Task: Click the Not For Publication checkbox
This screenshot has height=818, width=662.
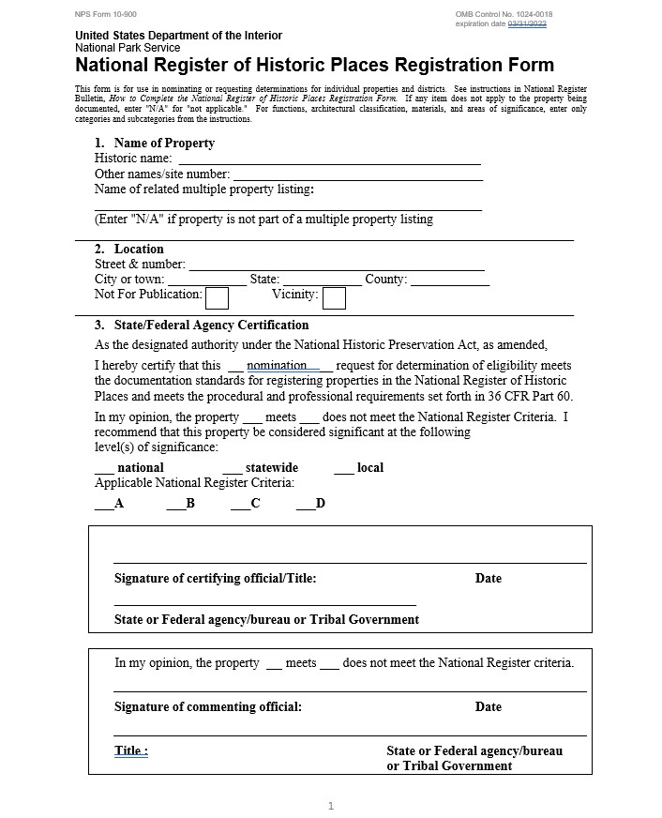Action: point(217,297)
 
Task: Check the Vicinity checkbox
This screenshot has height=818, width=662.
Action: point(334,297)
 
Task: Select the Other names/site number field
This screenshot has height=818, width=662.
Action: point(357,174)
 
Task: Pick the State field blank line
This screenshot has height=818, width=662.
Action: point(322,280)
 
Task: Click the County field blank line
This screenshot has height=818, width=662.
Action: point(449,280)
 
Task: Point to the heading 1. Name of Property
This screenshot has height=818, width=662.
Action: point(155,144)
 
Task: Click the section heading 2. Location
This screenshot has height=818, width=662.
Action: point(129,250)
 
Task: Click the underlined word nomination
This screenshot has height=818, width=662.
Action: point(277,366)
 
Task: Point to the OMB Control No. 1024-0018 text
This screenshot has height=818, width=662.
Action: point(504,14)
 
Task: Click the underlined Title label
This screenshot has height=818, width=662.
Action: point(130,751)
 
